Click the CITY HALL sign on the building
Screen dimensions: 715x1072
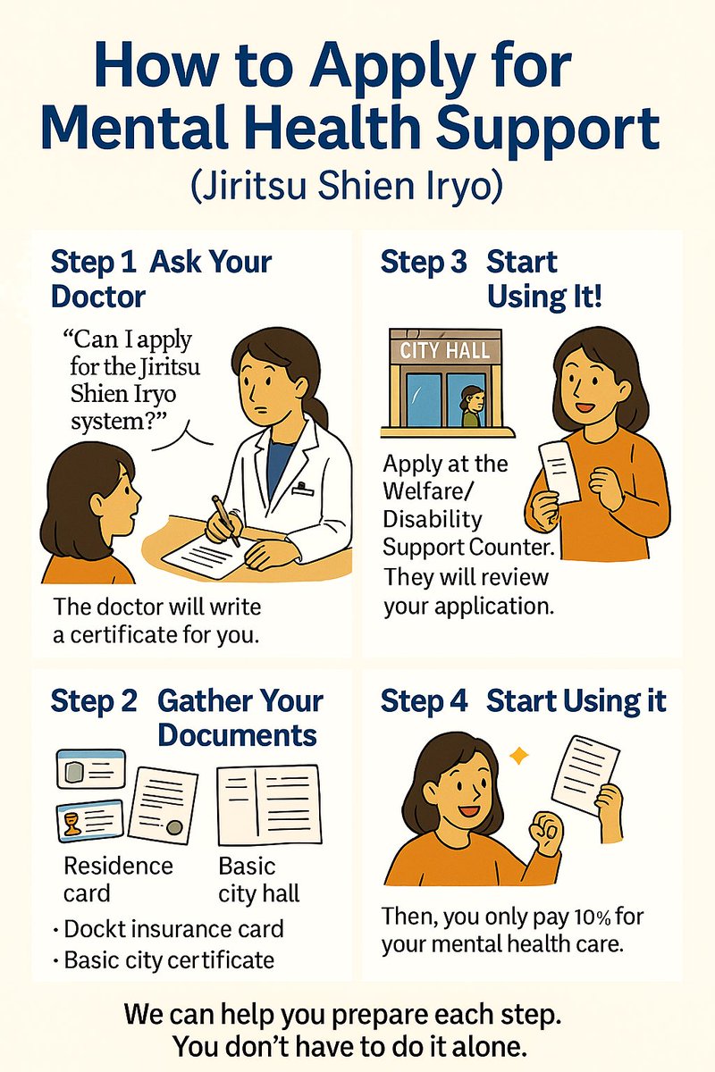445,351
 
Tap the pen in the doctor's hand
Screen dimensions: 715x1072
226,521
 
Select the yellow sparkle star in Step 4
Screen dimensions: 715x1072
518,756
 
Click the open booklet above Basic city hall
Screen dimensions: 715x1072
269,805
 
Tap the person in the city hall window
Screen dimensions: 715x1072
472,406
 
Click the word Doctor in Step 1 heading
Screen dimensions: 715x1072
98,297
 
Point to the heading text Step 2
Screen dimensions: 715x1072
93,702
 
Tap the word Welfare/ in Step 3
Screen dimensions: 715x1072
428,491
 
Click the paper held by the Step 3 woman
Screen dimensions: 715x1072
559,472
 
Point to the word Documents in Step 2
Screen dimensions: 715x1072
238,735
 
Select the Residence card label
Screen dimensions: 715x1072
118,880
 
